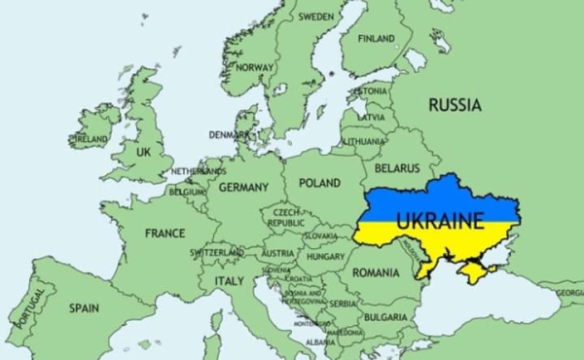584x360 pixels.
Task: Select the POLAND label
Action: [x=319, y=183]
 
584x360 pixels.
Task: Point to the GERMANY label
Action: [x=243, y=187]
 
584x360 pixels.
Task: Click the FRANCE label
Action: [x=165, y=234]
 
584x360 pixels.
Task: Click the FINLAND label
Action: [x=377, y=39]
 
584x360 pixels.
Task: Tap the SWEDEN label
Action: [x=315, y=17]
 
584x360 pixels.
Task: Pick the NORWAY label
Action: [x=256, y=67]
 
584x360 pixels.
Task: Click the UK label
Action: [x=144, y=153]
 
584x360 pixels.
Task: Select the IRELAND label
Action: [x=91, y=139]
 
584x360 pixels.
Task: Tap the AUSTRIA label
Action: [x=278, y=253]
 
